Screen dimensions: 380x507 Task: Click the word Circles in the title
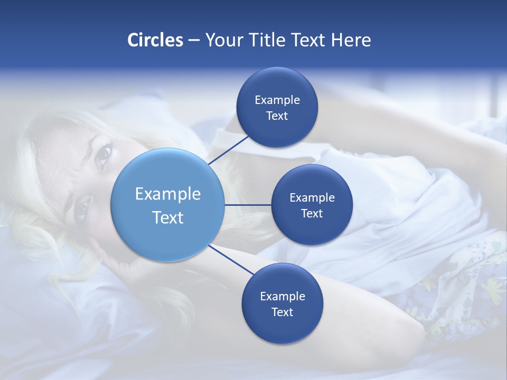155,40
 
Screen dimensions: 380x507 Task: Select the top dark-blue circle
277,84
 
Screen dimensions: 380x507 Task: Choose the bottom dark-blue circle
282,327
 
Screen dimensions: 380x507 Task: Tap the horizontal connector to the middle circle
248,205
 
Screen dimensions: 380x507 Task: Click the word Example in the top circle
277,100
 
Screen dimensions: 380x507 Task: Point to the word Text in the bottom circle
282,312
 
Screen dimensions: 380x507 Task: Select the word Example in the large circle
167,194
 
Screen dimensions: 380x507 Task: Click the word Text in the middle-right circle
312,213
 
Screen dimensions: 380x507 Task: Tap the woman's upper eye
104,155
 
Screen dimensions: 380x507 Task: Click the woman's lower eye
81,210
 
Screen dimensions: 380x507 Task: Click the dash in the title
193,40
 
